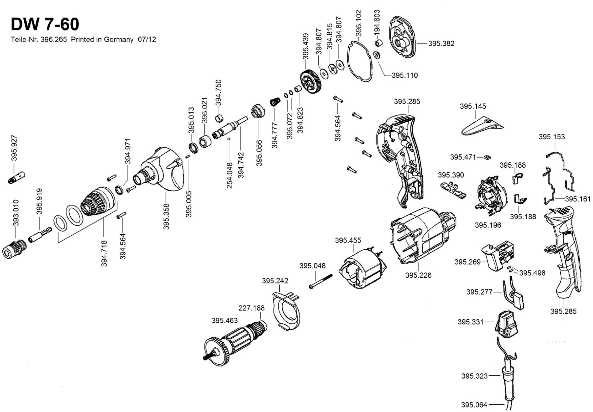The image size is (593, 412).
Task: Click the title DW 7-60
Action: coord(45,24)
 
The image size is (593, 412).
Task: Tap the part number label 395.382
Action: coord(441,43)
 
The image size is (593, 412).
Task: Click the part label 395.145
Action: coord(473,106)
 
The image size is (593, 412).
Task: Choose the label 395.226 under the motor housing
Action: coord(418,275)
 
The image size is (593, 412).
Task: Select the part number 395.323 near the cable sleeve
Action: coord(474,376)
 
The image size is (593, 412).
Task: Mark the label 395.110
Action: coord(405,75)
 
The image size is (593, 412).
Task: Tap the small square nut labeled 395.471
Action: coord(487,157)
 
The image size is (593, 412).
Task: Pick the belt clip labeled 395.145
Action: coord(482,127)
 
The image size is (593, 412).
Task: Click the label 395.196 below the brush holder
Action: coord(488,225)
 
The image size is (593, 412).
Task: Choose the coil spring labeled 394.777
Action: coord(275,101)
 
